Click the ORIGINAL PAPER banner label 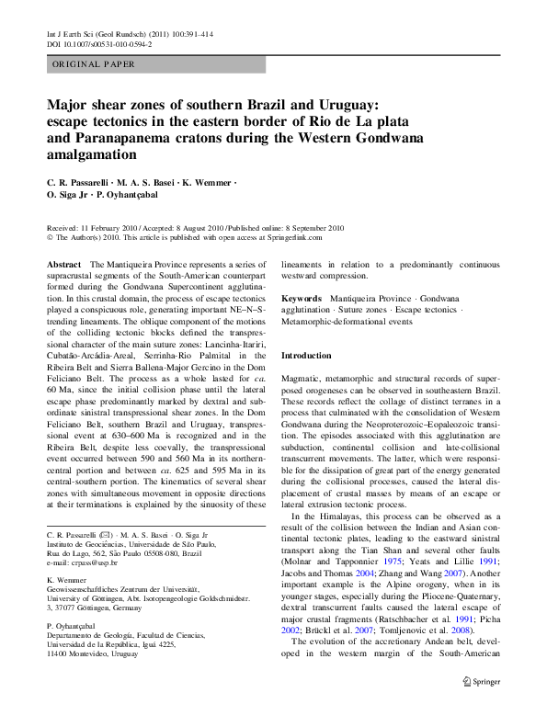tap(94, 64)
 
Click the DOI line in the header tap(99, 43)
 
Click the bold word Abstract tap(64, 264)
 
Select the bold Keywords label tap(301, 299)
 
